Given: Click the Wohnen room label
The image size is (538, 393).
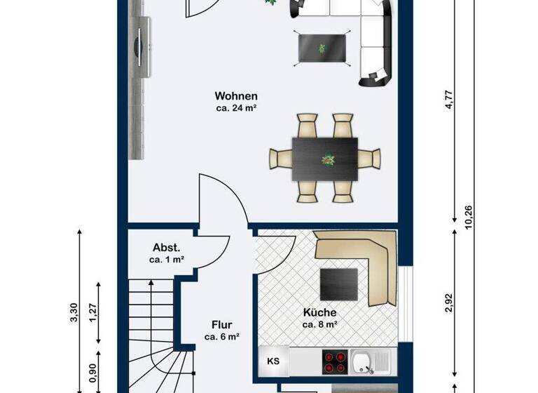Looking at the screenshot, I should [x=236, y=96].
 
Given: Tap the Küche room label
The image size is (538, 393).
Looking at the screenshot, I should [x=320, y=312].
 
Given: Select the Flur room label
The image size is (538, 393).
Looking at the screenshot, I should [x=222, y=325].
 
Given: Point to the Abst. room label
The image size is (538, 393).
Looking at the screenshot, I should [x=167, y=248].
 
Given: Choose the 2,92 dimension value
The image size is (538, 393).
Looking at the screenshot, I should [x=449, y=302].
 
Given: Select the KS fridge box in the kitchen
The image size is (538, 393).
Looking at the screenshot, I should [x=273, y=362].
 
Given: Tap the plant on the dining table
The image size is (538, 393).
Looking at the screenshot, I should [x=327, y=160].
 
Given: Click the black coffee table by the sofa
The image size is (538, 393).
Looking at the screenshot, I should [x=322, y=48].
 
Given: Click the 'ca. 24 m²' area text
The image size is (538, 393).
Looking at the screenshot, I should [x=236, y=109].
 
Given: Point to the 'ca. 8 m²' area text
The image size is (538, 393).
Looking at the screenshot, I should [x=320, y=324].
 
